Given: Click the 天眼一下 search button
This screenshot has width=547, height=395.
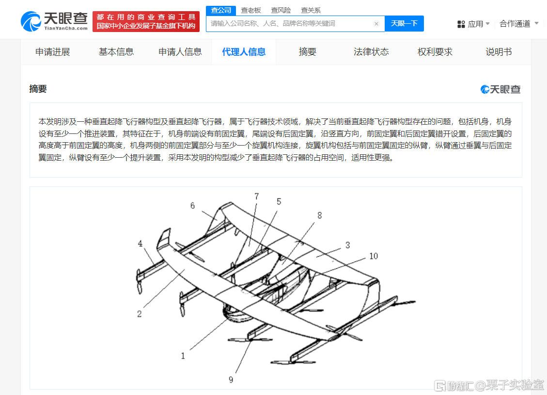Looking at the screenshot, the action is point(404,23).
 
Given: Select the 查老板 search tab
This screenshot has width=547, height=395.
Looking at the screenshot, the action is point(251,11).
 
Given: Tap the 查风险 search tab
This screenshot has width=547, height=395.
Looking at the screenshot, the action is point(281,11).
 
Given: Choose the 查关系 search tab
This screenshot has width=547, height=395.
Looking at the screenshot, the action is point(311,11).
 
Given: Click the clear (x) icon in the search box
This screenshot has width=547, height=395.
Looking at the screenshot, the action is point(376,24).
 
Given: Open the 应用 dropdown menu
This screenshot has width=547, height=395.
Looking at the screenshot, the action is point(473,24).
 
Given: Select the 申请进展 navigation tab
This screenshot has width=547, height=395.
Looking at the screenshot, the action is point(53,52).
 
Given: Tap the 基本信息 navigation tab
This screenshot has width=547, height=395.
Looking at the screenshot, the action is point(116,52).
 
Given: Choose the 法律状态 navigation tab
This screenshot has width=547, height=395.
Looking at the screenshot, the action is point(371,52).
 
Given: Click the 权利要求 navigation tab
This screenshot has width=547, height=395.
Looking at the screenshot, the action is point(435,52).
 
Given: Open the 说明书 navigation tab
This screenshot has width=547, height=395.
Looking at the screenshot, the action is point(499,52).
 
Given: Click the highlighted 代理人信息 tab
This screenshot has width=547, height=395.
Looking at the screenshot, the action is point(244,52).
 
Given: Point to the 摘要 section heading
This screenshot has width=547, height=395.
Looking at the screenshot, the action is point(38,89).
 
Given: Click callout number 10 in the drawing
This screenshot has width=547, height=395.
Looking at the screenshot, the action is point(374,256).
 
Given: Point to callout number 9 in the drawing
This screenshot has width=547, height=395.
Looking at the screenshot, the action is point(231,379).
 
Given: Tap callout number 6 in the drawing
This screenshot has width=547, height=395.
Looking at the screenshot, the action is point(192,206).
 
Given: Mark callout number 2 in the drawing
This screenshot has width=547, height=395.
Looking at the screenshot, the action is point(140,314).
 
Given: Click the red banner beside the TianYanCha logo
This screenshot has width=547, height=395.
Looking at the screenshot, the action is point(146,21).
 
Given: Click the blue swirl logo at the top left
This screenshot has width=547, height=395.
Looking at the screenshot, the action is point(31,21).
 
